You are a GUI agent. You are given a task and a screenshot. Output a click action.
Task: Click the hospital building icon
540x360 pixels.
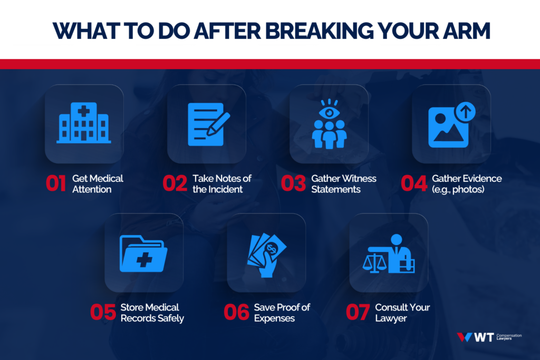pos(84,123)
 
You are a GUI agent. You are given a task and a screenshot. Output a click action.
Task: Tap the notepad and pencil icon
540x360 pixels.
pos(206,123)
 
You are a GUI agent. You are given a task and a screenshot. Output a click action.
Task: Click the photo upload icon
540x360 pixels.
pos(451,125)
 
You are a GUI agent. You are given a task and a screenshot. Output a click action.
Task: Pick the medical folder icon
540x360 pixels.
pos(143,253)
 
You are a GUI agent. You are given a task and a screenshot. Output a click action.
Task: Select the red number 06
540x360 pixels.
pos(236,313)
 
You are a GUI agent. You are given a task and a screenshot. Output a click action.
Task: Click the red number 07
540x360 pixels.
pos(359,313)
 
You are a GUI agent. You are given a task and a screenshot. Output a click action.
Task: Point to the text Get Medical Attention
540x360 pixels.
pos(93,183)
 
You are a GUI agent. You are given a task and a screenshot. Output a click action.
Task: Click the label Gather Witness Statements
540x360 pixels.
pos(343,183)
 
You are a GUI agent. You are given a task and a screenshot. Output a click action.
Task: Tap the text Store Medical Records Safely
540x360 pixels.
pos(152,313)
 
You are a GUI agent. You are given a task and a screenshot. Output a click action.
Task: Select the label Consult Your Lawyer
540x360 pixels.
pos(395,313)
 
